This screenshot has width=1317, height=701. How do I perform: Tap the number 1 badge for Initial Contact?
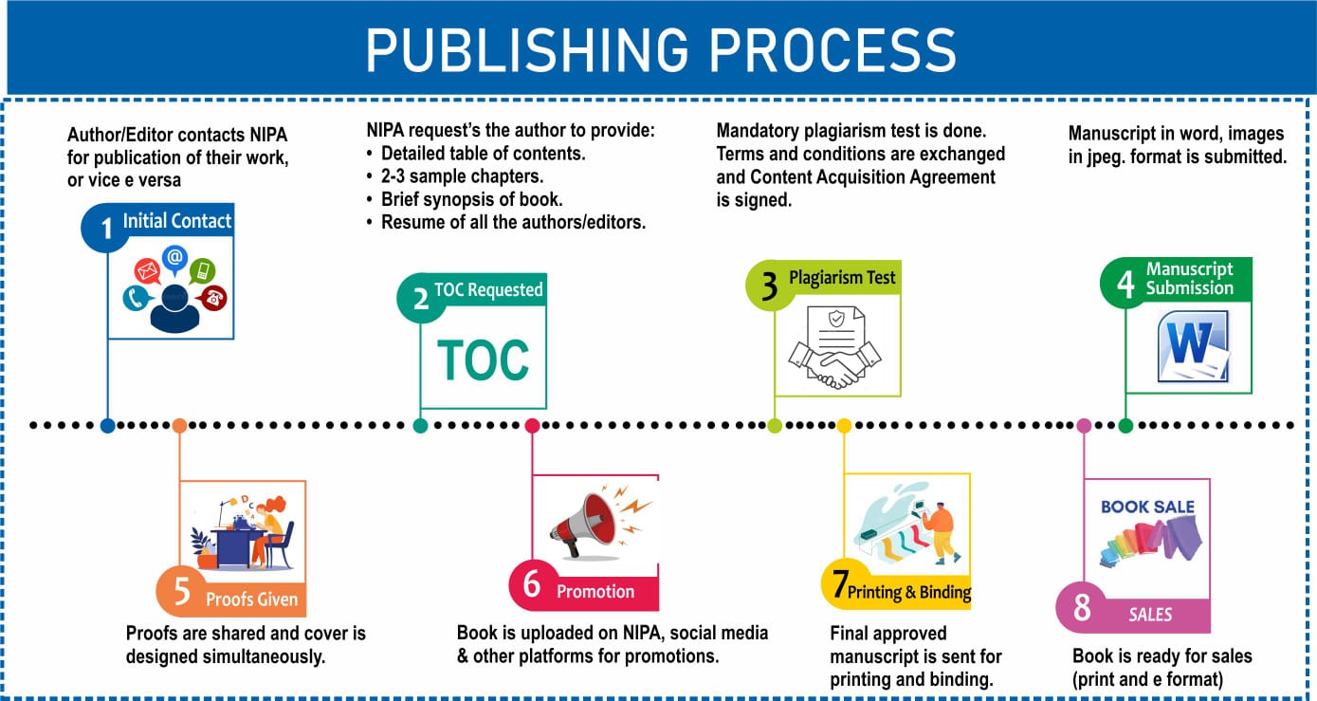coord(106,228)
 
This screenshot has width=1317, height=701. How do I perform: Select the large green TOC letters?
coord(483,360)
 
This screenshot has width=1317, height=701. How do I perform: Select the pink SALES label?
coord(1150,615)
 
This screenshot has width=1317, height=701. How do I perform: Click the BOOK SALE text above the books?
coord(1147,507)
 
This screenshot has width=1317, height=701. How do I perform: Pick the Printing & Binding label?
coord(908,593)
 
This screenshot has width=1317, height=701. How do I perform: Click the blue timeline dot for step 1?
coord(107,426)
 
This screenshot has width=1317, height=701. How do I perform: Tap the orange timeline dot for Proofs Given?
coord(180,426)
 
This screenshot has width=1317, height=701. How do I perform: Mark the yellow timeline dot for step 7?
coord(844,426)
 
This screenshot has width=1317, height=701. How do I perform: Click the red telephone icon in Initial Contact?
coord(213,297)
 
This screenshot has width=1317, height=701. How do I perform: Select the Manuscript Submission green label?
coord(1189,279)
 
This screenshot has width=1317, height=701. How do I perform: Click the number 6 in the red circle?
coord(532,585)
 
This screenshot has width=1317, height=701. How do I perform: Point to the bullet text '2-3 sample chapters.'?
coord(463,175)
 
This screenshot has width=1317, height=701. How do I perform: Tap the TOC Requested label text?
coord(488,289)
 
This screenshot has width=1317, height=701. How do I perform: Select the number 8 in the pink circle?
coord(1082,608)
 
